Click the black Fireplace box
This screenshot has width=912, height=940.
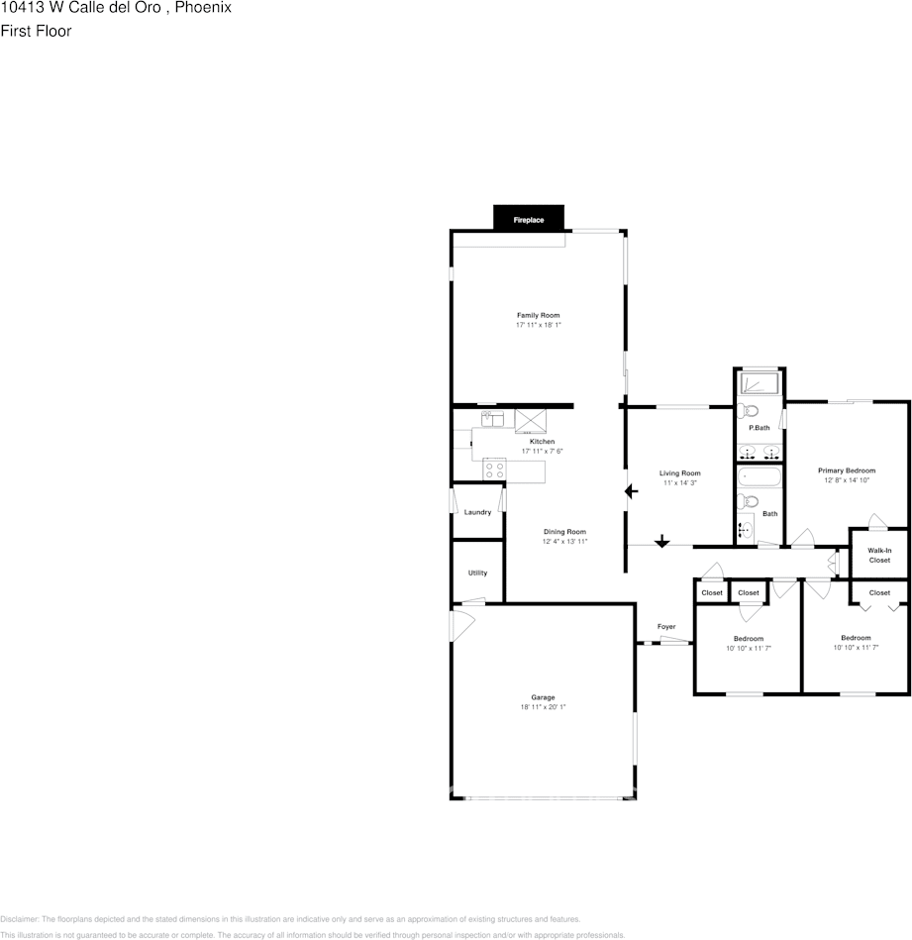(528, 218)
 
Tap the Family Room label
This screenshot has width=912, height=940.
(538, 315)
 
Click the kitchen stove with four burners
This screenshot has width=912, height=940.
(494, 470)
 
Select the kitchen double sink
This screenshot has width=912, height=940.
(492, 419)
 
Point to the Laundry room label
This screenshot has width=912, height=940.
(477, 512)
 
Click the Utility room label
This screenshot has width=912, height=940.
(477, 573)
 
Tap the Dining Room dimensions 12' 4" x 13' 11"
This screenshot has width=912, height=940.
(564, 542)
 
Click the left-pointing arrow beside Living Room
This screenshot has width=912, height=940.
(632, 490)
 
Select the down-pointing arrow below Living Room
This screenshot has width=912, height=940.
(661, 541)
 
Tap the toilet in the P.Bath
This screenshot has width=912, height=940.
(750, 410)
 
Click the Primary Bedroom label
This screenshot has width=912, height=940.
(847, 470)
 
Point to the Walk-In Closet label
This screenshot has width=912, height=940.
(879, 555)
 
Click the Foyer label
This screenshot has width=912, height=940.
(666, 627)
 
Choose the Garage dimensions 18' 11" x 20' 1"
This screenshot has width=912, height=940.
(543, 707)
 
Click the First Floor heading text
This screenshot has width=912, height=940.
(36, 31)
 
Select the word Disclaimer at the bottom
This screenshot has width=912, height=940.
(18, 919)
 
